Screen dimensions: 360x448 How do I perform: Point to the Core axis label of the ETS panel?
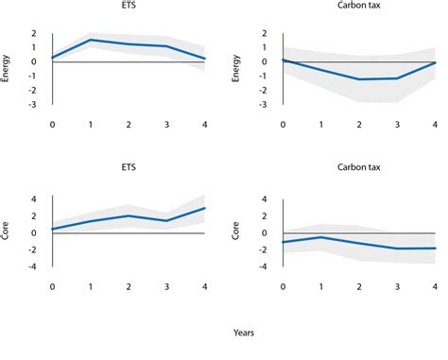click(8, 231)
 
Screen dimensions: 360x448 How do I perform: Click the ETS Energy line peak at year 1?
click(91, 40)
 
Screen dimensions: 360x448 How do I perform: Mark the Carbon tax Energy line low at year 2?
click(359, 79)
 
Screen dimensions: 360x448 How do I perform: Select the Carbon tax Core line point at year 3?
click(397, 249)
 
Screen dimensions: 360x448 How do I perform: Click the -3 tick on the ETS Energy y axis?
click(35, 105)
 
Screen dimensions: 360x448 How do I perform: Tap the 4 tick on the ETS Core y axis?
click(35, 199)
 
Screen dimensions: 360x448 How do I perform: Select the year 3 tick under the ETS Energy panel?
click(167, 123)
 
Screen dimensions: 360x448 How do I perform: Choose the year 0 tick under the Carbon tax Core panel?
click(282, 284)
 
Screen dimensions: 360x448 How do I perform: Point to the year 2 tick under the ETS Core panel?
click(129, 284)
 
